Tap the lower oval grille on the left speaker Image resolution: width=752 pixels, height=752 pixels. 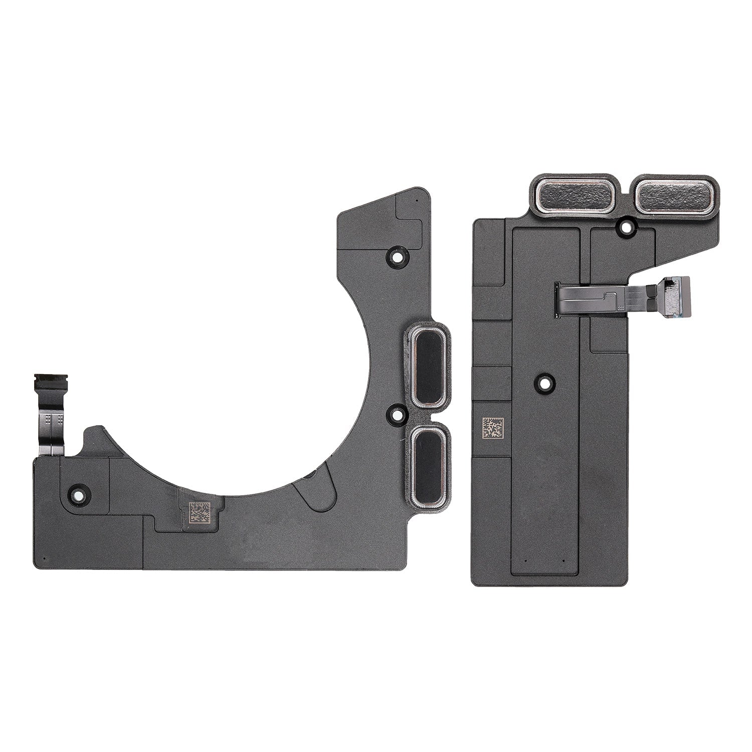click(427, 463)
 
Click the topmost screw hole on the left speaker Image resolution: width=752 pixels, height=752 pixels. click(397, 256)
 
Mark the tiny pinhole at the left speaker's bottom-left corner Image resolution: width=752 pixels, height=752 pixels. click(44, 556)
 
